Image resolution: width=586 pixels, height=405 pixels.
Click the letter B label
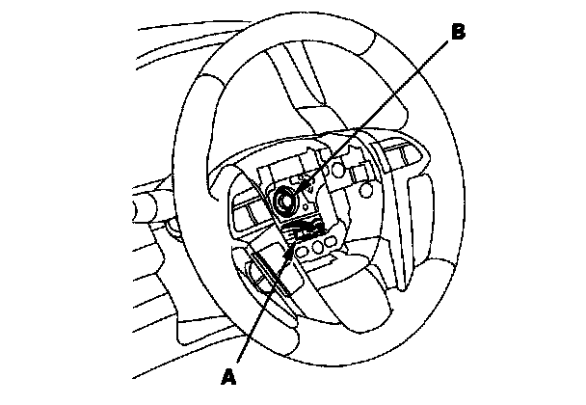coord(459,32)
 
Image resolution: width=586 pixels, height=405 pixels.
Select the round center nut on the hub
coord(285,201)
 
